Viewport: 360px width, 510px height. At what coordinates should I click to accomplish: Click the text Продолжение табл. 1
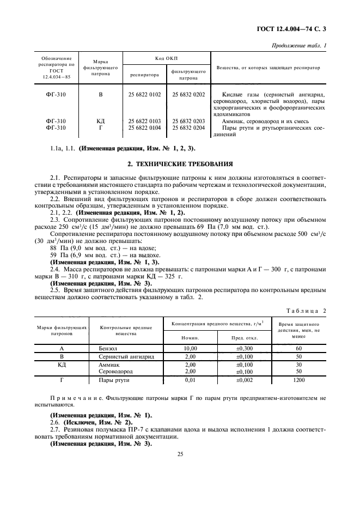tap(298, 45)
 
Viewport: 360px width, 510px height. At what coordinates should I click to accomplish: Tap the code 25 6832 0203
tap(188, 120)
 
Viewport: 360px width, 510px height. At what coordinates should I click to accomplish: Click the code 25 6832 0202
tap(188, 94)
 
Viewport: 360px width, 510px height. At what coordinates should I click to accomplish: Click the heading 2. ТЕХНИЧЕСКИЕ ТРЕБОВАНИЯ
tap(180, 163)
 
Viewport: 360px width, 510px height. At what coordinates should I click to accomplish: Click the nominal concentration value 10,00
tap(190, 347)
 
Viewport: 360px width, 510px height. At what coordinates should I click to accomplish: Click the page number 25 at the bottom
tap(180, 452)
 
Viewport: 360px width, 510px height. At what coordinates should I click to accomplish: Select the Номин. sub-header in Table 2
tap(190, 337)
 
